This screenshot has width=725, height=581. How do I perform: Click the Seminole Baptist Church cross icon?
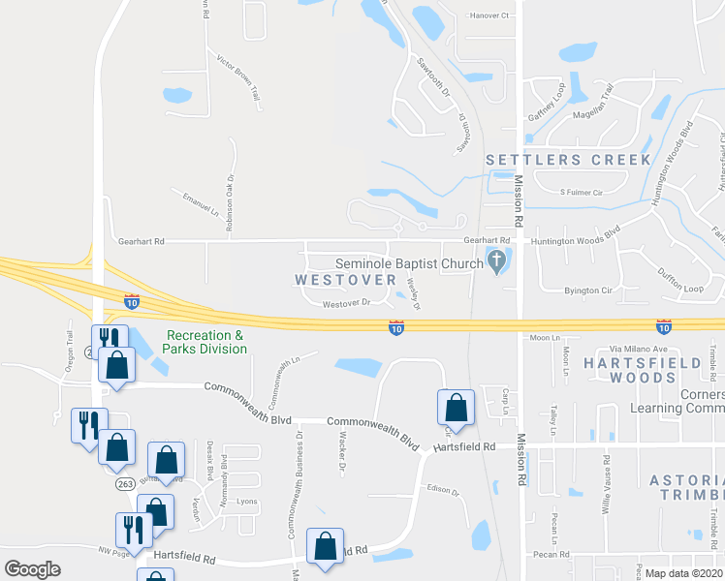pos(497,260)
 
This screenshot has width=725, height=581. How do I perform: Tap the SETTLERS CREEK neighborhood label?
pos(568,159)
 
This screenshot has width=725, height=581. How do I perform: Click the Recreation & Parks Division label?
pos(205,342)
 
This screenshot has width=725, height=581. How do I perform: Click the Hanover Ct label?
pos(489,16)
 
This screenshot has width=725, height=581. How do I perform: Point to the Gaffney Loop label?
pos(546,102)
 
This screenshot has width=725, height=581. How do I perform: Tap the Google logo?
pos(33,569)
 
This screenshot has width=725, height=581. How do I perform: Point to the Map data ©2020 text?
pos(683,573)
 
